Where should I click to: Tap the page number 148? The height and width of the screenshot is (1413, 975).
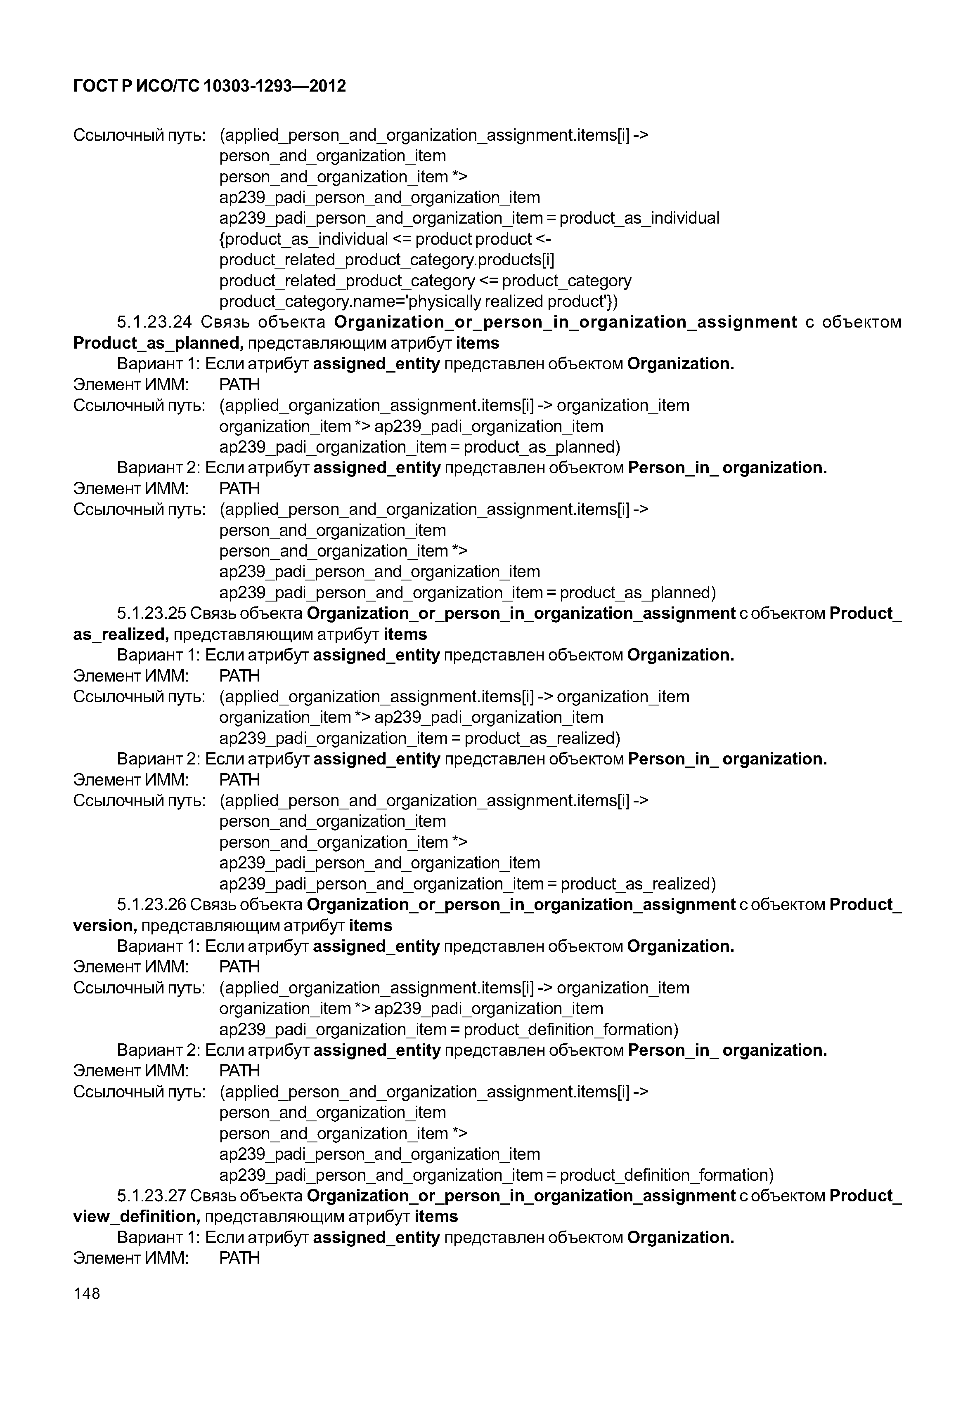pos(86,1293)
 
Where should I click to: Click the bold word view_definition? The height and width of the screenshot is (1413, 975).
pos(136,1217)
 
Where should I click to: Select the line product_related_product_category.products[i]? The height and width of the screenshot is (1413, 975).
pos(386,260)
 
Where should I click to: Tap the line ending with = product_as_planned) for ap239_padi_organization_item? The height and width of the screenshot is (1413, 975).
pos(419,447)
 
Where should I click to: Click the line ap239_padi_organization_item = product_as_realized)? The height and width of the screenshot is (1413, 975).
pos(419,738)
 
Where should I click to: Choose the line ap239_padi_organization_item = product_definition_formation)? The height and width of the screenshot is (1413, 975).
pos(448,1029)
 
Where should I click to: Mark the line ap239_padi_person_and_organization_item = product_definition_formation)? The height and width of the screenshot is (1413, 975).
pos(496,1175)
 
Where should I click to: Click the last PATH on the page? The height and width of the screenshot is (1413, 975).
pos(239,1259)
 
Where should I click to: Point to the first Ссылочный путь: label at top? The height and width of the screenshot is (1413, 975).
pos(139,135)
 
